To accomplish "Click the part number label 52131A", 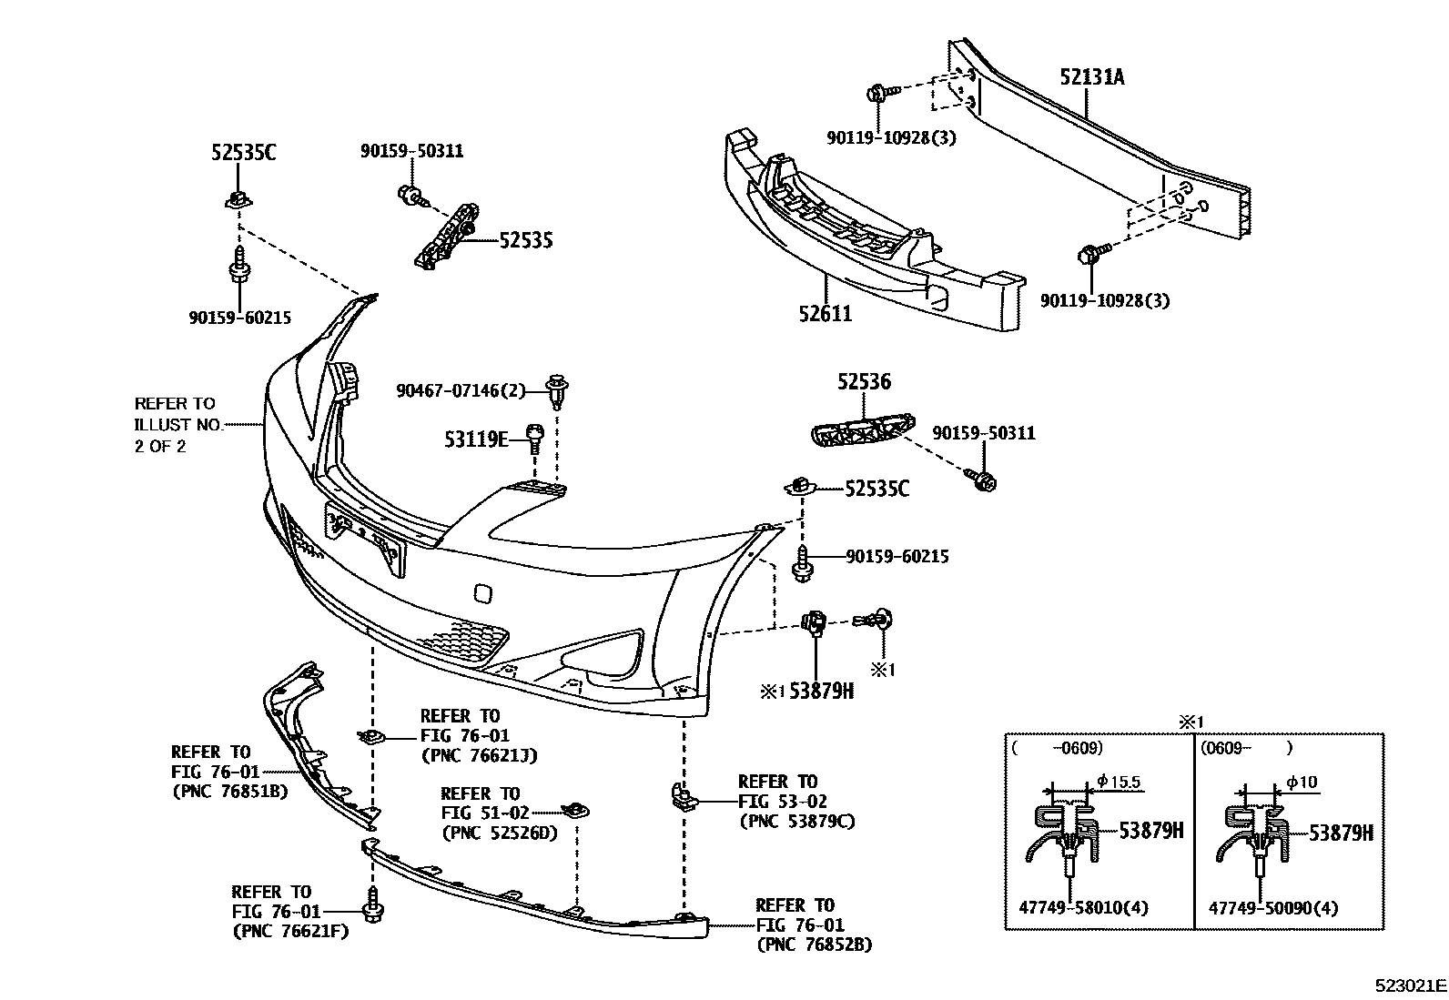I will click(x=1091, y=77).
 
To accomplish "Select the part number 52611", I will click(x=826, y=314).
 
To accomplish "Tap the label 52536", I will click(x=864, y=383).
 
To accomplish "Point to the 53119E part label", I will click(x=476, y=440).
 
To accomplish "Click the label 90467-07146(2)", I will click(x=461, y=391).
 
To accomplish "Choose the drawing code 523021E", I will click(x=1410, y=985).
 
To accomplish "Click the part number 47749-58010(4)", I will click(x=1069, y=908).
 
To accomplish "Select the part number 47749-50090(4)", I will click(x=1261, y=908).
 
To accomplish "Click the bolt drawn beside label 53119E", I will click(x=535, y=439).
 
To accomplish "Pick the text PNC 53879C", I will click(x=796, y=822).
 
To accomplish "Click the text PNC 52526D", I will click(x=498, y=833).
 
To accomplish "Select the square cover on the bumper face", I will click(x=482, y=593).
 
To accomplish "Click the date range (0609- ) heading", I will click(x=1244, y=748).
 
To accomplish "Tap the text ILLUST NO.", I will click(x=176, y=425).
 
